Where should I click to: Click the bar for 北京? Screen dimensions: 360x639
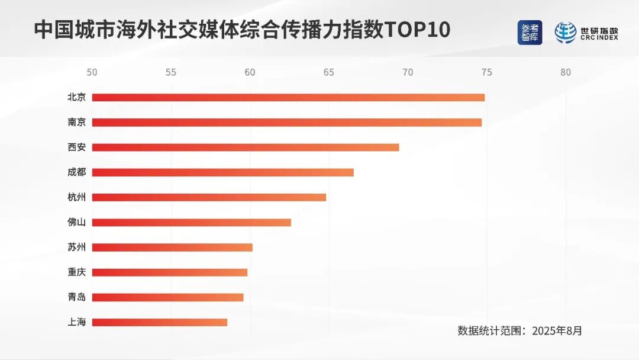[288, 98]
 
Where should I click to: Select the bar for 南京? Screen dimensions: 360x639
[287, 123]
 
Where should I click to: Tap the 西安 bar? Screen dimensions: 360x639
[246, 147]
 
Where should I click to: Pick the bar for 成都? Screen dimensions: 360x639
[223, 172]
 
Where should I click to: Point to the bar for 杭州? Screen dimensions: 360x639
[209, 197]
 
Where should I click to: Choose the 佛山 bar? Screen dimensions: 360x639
[192, 223]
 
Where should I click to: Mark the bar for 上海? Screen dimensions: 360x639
[160, 323]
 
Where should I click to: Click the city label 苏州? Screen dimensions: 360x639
[77, 247]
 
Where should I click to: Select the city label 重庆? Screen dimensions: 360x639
[77, 272]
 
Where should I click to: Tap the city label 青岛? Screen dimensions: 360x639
[77, 297]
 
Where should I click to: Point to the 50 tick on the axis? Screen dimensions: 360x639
[92, 73]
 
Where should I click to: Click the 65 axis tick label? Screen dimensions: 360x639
[329, 73]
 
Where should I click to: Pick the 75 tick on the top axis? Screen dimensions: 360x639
[486, 73]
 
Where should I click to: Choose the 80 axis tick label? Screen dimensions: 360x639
[566, 73]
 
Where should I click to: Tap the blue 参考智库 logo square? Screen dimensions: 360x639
[530, 33]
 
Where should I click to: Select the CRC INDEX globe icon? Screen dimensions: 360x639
[565, 33]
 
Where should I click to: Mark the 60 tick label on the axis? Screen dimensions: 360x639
[250, 73]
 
